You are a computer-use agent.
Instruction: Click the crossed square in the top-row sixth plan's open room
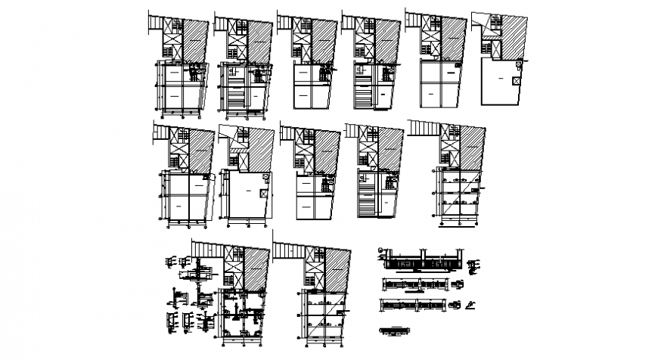(516, 79)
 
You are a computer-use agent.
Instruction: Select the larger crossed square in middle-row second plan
(262, 193)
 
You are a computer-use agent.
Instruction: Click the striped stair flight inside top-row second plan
(235, 96)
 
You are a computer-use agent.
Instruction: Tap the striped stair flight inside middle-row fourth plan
(366, 203)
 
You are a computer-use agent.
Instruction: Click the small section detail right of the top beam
(474, 265)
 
